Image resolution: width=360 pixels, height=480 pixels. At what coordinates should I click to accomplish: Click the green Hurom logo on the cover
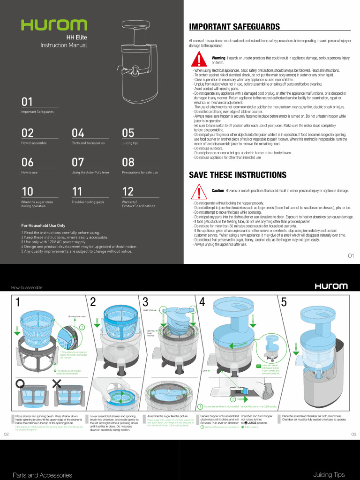click(53, 25)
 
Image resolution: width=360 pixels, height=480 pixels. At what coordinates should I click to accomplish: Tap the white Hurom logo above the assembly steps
click(331, 286)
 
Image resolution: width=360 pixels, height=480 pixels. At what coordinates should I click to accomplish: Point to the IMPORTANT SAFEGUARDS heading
click(234, 27)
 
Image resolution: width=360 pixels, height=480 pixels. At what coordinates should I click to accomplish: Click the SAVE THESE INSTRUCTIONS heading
click(237, 175)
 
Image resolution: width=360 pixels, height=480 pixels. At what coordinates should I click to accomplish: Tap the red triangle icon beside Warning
click(200, 60)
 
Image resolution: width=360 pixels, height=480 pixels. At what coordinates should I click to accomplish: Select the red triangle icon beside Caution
click(200, 192)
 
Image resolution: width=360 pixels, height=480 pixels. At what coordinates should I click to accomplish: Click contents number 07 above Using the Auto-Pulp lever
click(77, 162)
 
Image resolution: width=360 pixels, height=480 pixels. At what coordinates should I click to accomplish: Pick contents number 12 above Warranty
click(128, 191)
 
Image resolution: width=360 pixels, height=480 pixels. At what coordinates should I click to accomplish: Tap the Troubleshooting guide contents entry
click(88, 202)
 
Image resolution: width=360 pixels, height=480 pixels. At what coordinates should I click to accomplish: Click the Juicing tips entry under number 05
click(130, 143)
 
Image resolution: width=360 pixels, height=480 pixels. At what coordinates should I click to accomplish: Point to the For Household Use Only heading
click(43, 225)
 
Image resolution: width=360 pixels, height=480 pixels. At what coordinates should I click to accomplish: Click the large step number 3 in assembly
click(145, 302)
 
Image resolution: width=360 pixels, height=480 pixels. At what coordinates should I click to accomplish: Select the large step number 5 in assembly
click(284, 302)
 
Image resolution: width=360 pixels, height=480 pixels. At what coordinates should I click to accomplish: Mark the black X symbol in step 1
click(57, 384)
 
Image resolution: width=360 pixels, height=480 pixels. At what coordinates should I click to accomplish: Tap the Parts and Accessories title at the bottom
click(42, 475)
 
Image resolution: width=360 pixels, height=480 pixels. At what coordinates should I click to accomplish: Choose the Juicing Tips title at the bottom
click(329, 474)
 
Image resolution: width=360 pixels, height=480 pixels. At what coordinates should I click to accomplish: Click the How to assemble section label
click(27, 287)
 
